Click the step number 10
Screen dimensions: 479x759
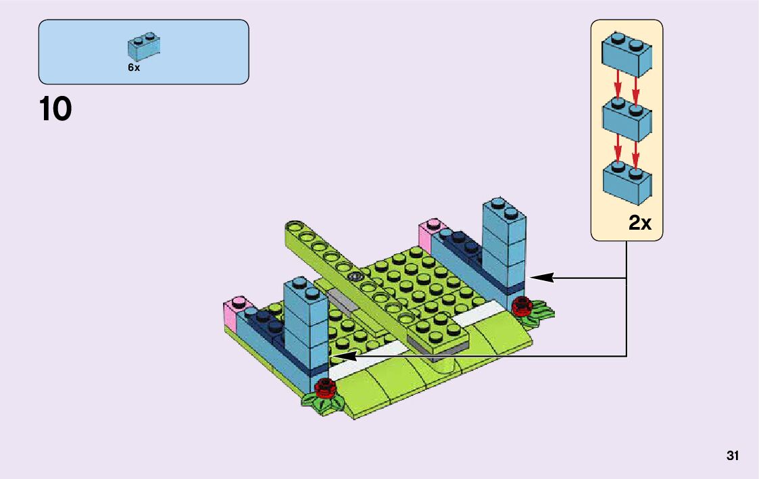pyautogui.click(x=55, y=109)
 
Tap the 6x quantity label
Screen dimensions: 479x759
pyautogui.click(x=134, y=68)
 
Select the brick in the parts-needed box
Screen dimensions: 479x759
pyautogui.click(x=144, y=46)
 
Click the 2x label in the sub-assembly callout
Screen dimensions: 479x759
pyautogui.click(x=640, y=222)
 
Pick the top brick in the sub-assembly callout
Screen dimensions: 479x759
pyautogui.click(x=627, y=54)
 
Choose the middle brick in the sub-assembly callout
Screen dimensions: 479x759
pyautogui.click(x=627, y=119)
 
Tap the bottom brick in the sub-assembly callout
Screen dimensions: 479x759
pyautogui.click(x=627, y=181)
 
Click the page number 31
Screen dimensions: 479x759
pyautogui.click(x=733, y=456)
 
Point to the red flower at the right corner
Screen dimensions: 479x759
pyautogui.click(x=522, y=306)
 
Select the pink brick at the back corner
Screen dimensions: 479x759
pyautogui.click(x=428, y=233)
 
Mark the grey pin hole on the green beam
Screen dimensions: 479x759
pyautogui.click(x=356, y=276)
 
